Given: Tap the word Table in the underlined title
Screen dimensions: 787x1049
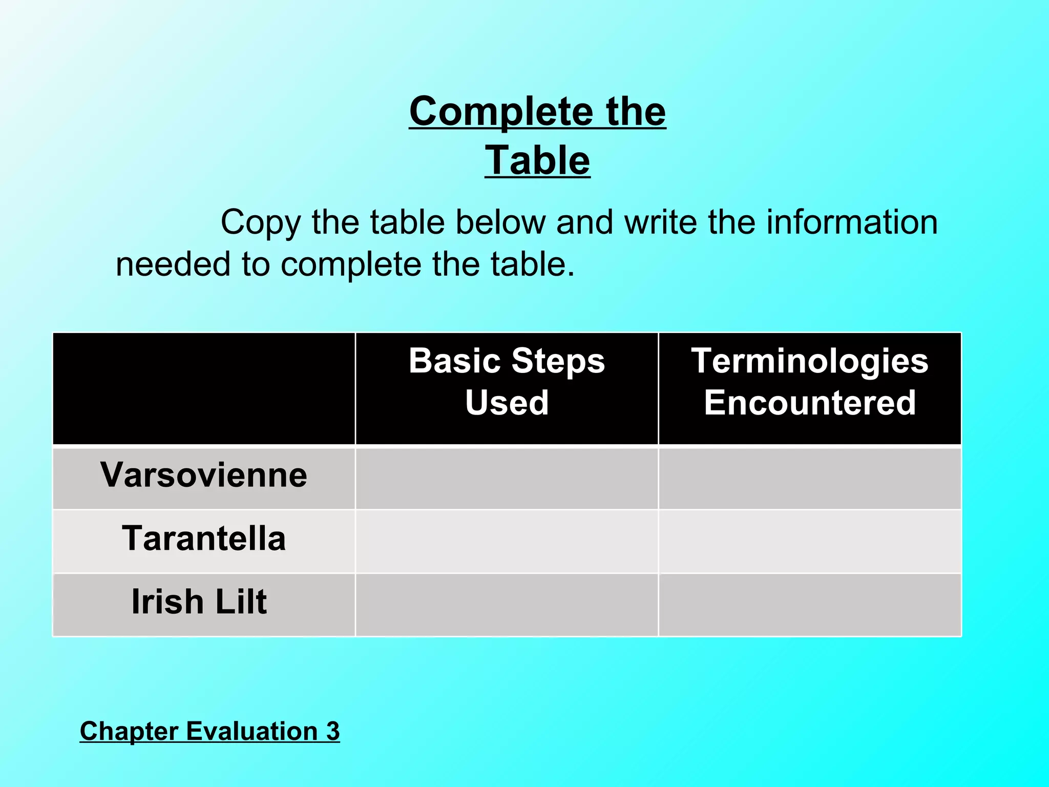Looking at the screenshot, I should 537,160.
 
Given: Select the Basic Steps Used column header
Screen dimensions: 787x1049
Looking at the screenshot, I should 507,382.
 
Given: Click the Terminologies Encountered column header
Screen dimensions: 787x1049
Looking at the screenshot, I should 809,382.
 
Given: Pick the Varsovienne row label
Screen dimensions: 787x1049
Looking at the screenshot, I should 204,475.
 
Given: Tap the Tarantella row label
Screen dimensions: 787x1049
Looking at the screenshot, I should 204,539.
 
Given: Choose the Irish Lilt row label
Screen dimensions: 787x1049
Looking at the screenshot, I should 199,602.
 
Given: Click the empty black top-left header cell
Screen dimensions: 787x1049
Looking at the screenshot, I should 204,388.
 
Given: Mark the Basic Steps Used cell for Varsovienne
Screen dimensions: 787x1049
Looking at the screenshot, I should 507,479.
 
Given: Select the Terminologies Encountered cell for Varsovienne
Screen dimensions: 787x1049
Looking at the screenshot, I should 809,479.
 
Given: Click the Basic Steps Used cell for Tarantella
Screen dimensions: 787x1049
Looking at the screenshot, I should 507,541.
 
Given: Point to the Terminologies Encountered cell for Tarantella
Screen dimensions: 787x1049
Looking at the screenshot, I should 809,541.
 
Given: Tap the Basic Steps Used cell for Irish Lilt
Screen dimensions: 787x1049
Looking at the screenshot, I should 507,605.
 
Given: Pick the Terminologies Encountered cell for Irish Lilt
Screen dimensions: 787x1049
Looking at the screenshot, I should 809,605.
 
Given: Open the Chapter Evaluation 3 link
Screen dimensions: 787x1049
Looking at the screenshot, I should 209,731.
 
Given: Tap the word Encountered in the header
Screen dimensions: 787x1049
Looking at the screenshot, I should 809,403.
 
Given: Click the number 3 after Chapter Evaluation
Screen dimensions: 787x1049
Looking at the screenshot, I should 333,731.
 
